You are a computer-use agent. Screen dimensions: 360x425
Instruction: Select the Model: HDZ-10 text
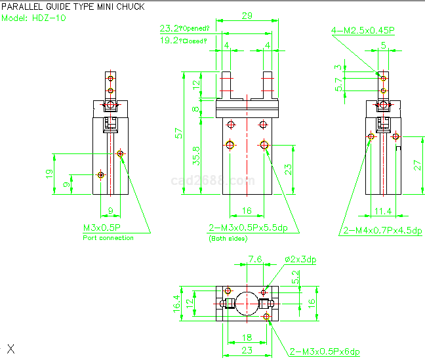click(33, 18)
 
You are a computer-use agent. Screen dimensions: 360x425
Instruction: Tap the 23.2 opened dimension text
click(184, 29)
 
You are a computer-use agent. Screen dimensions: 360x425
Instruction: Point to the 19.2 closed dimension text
click(184, 41)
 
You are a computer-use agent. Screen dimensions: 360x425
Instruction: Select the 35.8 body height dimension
click(196, 162)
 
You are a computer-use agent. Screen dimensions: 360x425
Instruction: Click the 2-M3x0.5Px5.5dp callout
click(253, 228)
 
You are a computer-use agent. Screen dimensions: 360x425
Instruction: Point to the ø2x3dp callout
click(300, 260)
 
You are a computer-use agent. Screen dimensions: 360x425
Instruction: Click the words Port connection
click(108, 238)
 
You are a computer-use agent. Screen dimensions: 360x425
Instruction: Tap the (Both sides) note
click(228, 239)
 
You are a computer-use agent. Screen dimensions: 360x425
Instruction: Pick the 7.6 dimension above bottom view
click(255, 260)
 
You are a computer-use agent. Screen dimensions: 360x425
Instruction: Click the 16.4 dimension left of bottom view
click(176, 303)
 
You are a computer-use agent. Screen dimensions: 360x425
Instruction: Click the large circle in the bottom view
click(247, 302)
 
